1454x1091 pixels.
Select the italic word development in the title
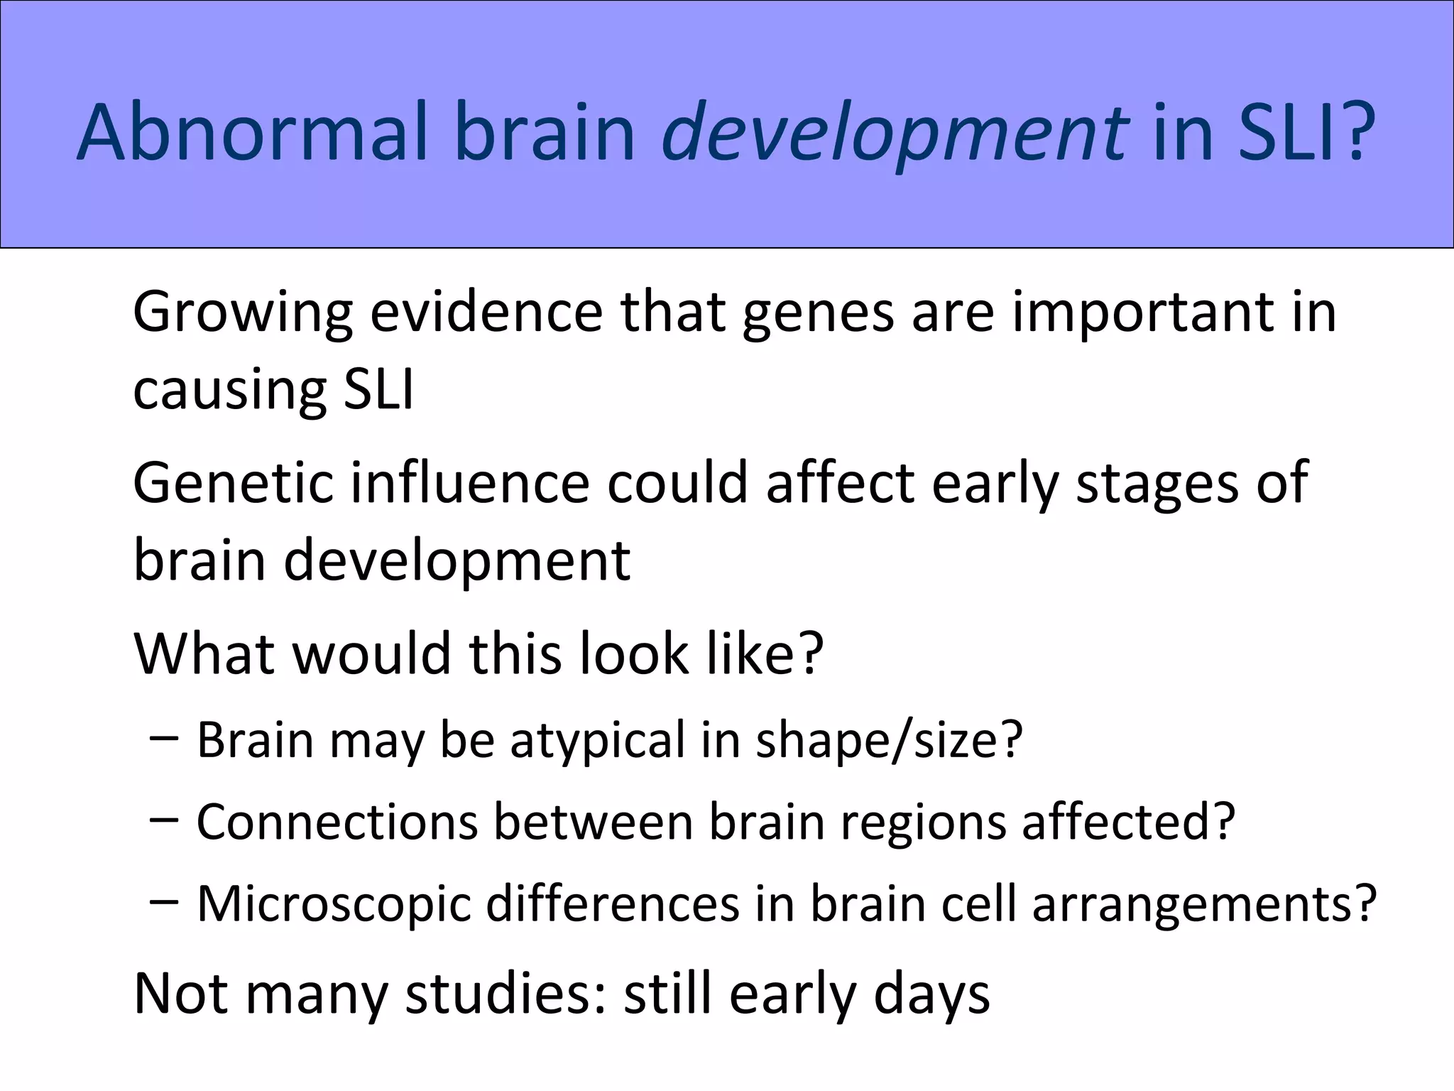(x=895, y=134)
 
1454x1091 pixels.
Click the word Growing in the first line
(x=242, y=313)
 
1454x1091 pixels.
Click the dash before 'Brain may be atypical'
(x=164, y=739)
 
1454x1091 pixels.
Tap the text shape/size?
(x=888, y=741)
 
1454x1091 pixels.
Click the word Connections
(x=337, y=822)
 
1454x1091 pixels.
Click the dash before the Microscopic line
(x=164, y=903)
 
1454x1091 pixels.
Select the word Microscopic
(x=334, y=905)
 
